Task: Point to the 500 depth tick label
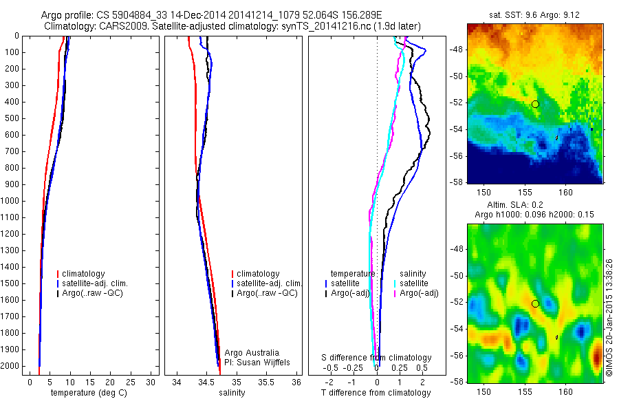point(12,118)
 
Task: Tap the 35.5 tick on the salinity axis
point(266,381)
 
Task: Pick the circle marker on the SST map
point(535,104)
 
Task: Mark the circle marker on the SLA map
point(535,303)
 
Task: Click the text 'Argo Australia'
point(252,353)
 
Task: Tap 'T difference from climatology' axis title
point(376,393)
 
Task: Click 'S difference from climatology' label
point(376,358)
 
